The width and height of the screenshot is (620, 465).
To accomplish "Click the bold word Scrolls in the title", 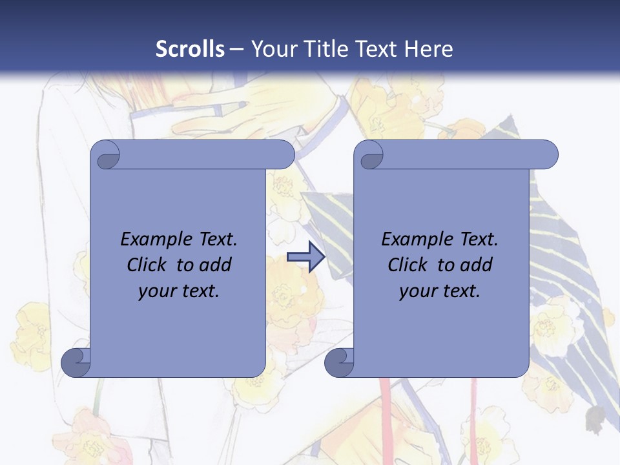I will point(191,49).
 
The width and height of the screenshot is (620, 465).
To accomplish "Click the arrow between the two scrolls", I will point(305,257).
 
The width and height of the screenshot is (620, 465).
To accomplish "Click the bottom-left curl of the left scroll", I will point(76,363).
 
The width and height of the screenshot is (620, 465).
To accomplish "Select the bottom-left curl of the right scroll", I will point(339,363).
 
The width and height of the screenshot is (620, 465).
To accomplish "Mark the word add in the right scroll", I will point(478,265).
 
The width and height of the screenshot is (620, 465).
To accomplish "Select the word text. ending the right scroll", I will point(460,291).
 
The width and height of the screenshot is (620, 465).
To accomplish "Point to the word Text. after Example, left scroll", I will point(215,240).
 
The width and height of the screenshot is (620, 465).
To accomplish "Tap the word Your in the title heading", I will point(272,49).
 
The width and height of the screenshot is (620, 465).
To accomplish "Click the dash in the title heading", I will point(236,50).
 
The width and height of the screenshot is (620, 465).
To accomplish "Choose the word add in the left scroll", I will point(216,265).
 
